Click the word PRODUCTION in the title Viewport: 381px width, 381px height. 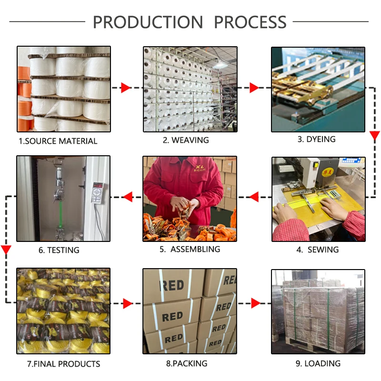pyautogui.click(x=148, y=22)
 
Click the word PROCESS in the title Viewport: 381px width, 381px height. pyautogui.click(x=250, y=22)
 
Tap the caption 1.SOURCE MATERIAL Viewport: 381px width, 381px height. pyautogui.click(x=58, y=141)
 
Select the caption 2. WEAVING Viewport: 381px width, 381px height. pyautogui.click(x=186, y=140)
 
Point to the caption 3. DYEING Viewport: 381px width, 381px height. pyautogui.click(x=317, y=139)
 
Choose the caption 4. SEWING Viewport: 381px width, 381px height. pyautogui.click(x=318, y=250)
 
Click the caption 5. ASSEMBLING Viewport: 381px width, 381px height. pyautogui.click(x=190, y=249)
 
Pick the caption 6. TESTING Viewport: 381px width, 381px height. pyautogui.click(x=59, y=250)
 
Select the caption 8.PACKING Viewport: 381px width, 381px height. pyautogui.click(x=187, y=363)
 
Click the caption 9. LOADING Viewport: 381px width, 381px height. pyautogui.click(x=318, y=363)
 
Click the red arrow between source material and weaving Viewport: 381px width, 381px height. pyautogui.click(x=125, y=88)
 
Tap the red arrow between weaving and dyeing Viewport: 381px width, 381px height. pyautogui.click(x=254, y=88)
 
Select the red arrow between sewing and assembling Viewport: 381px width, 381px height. pyautogui.click(x=253, y=196)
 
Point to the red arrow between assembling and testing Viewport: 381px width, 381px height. pyautogui.click(x=127, y=196)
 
